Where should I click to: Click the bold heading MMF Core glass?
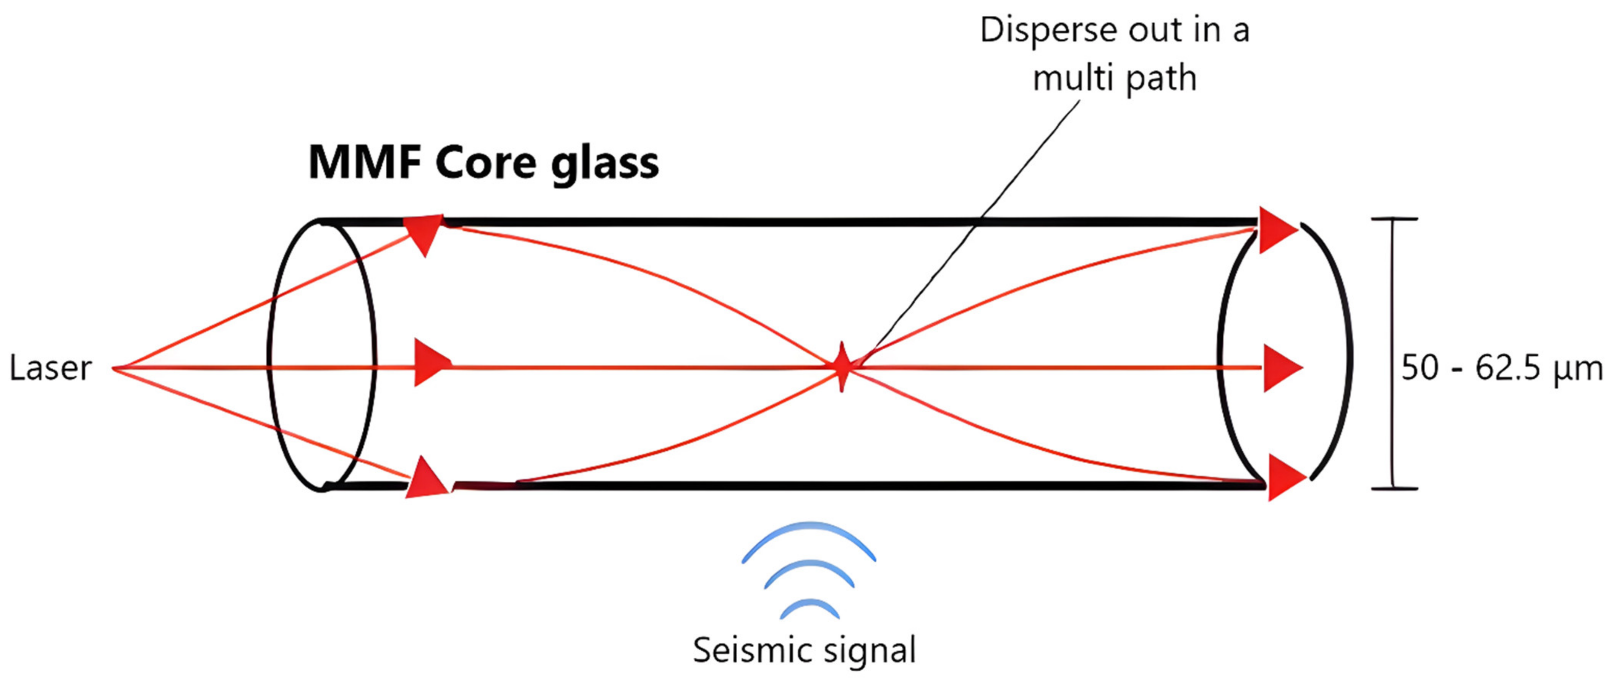483,163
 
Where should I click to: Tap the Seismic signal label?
804,650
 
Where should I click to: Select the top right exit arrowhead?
1276,230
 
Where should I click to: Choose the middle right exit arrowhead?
1281,368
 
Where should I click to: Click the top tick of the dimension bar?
1394,219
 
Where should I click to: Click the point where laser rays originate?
115,368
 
